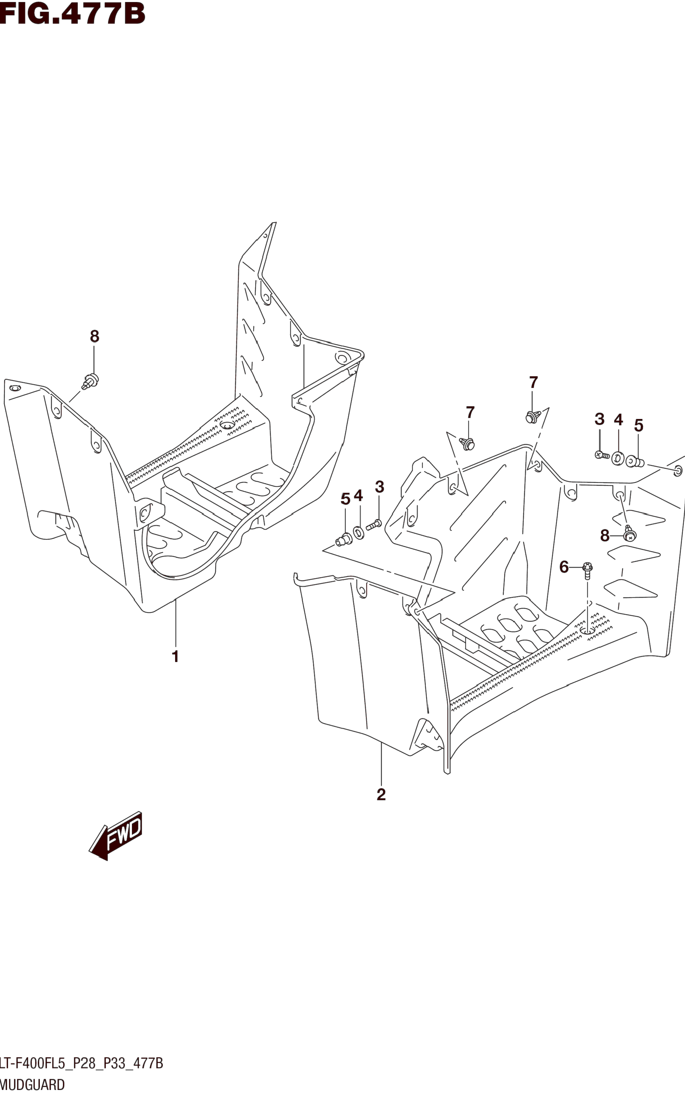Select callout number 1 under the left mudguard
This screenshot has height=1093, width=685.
click(175, 656)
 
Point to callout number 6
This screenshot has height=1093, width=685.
click(564, 567)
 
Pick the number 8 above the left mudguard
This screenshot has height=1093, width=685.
click(94, 336)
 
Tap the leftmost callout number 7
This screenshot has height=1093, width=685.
click(470, 413)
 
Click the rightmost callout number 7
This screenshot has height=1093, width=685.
click(533, 382)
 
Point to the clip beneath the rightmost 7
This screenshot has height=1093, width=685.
click(531, 416)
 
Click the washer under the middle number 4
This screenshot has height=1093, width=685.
click(358, 532)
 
